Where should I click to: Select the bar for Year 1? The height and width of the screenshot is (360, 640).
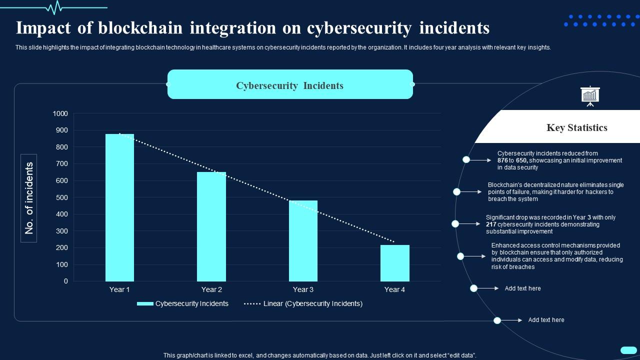point(119,207)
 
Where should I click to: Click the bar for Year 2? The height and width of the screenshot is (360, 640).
point(211,226)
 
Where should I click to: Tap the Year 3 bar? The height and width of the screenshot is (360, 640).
point(303,240)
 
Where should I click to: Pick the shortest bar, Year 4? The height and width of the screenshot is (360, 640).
point(394,263)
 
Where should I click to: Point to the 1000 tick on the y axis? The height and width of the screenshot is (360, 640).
point(60,114)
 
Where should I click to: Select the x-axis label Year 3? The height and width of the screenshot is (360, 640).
point(303,289)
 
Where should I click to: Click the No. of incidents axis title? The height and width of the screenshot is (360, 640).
point(29,198)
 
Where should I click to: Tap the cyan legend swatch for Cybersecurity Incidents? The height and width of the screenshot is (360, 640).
point(144,303)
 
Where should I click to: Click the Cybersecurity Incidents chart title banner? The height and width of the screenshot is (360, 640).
point(290,85)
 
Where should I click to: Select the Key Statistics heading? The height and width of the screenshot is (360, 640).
point(576,128)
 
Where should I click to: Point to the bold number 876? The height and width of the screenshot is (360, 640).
point(502,160)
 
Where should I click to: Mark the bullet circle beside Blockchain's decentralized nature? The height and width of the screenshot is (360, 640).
point(457,192)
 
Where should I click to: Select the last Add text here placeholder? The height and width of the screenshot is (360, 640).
point(546,320)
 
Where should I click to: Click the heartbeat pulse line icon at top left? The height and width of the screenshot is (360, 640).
point(54,7)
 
